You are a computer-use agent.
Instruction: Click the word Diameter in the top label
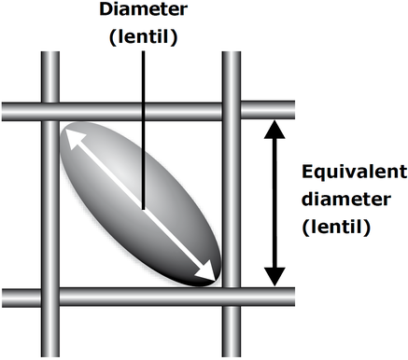144,9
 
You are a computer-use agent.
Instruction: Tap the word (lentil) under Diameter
144,37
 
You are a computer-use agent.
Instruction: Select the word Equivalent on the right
355,173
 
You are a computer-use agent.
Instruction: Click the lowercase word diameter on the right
346,199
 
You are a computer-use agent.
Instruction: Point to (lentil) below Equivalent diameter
336,227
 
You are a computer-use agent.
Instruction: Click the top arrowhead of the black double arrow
274,130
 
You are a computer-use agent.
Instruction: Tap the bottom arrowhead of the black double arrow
274,277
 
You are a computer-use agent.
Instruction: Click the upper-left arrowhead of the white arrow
74,138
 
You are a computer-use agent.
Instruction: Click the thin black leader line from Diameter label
143,130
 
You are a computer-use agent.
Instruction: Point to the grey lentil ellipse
141,203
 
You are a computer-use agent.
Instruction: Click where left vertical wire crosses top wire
50,111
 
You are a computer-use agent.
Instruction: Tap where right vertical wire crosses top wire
232,111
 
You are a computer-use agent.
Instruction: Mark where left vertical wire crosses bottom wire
50,298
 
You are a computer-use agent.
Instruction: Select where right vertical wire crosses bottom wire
232,298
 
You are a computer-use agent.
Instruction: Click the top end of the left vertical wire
50,52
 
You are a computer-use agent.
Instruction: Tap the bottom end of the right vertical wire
232,356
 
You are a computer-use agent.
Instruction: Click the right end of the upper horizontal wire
294,111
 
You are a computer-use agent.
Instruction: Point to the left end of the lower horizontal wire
3,298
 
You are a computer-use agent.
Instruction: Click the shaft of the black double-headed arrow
274,203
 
